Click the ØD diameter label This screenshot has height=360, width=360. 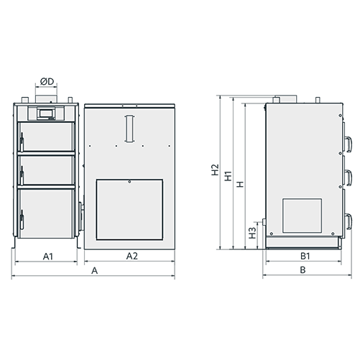click(47, 82)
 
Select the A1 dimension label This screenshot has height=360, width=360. click(47, 257)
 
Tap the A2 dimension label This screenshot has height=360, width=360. click(132, 256)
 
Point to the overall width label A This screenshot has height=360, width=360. click(95, 271)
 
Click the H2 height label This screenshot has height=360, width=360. click(215, 170)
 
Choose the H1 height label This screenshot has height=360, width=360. click(228, 176)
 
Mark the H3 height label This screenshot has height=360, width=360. click(252, 233)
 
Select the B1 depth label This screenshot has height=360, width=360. click(305, 256)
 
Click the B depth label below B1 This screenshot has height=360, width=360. click(303, 270)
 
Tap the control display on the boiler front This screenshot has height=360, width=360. click(46, 114)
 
